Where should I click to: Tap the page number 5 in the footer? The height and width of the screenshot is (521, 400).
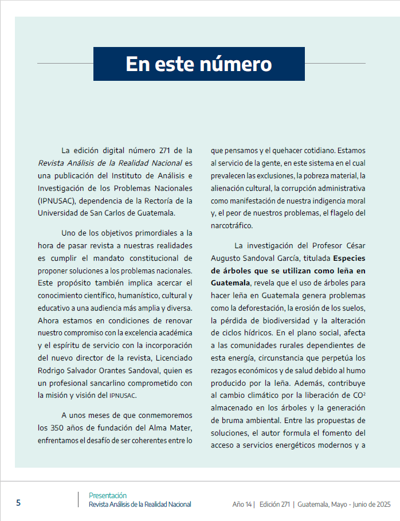coord(18,503)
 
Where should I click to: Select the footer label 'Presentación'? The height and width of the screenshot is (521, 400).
coord(108,495)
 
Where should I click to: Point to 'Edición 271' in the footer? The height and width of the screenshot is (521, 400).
coord(274,504)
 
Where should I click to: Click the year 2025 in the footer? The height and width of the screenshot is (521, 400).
coord(381,504)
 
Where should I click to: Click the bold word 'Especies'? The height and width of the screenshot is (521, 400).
coord(350,258)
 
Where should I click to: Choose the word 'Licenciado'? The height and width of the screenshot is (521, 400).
coord(172,358)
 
